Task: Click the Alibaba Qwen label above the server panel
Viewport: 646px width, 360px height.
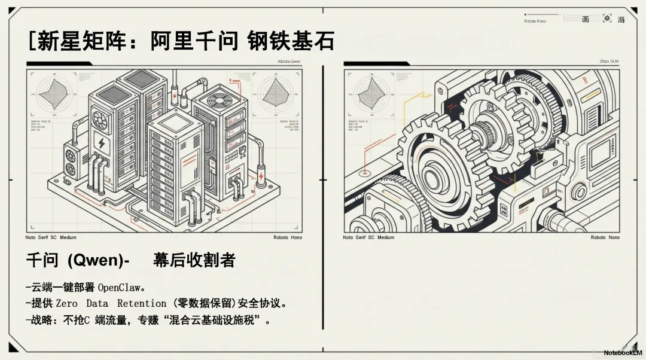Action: coord(289,62)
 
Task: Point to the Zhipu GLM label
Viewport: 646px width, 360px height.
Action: coord(609,62)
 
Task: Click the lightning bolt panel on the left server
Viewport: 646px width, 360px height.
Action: coord(100,144)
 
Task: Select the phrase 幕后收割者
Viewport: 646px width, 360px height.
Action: coord(194,260)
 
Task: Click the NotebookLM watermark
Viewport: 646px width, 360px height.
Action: coord(622,353)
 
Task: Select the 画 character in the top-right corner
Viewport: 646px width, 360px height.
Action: coord(586,20)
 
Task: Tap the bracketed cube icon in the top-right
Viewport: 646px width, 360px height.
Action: coord(607,19)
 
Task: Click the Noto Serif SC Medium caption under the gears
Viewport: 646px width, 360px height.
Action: coord(368,237)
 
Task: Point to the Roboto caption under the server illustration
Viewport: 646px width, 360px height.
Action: coord(288,237)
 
